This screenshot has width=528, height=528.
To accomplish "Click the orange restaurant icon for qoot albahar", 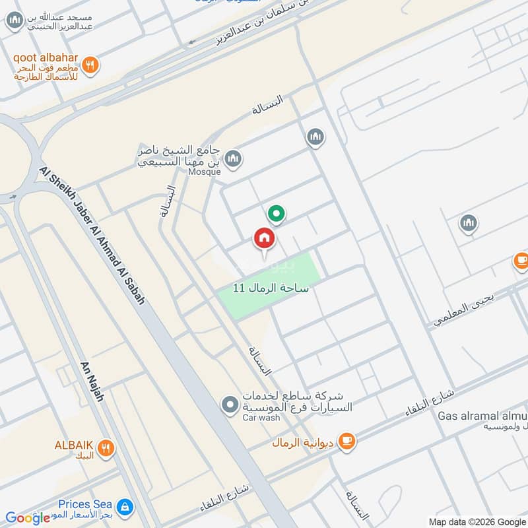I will pyautogui.click(x=92, y=65).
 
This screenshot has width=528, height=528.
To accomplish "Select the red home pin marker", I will pyautogui.click(x=264, y=239).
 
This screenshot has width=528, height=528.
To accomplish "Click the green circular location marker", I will pyautogui.click(x=276, y=214).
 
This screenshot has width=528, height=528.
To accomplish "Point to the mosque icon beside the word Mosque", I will pyautogui.click(x=232, y=158).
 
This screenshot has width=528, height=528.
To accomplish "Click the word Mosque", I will pyautogui.click(x=204, y=171).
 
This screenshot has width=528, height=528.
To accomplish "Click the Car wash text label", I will pyautogui.click(x=261, y=418).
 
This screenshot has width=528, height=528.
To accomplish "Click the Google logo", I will pyautogui.click(x=28, y=518).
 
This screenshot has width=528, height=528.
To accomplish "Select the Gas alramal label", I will pyautogui.click(x=482, y=416).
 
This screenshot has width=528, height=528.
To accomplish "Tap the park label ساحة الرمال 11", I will pyautogui.click(x=271, y=288).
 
